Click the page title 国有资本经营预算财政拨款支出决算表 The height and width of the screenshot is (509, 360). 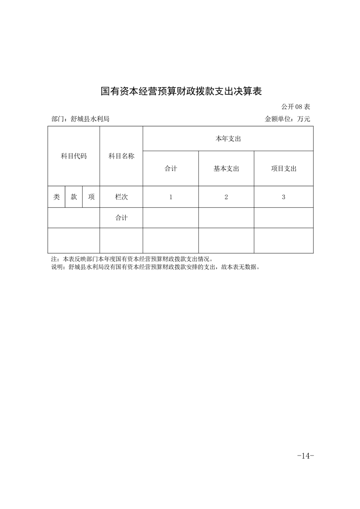(181, 91)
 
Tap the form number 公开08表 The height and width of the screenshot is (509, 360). (295, 107)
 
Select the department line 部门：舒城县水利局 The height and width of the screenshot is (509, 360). (80, 119)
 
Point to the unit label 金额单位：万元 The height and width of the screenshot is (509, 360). (287, 119)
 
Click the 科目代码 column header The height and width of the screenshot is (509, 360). (74, 156)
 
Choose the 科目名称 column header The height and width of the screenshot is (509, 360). (121, 156)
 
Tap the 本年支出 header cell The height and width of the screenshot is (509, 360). (228, 139)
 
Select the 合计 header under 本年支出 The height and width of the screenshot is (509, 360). (171, 169)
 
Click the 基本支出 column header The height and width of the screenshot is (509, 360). (226, 169)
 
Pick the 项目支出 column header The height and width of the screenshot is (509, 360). (284, 169)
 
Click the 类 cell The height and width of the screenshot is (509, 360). (56, 197)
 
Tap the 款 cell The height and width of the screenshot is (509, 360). (74, 197)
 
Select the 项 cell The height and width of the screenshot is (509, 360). (91, 197)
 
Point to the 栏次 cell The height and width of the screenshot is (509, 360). (121, 197)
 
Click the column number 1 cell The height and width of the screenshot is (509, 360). (171, 197)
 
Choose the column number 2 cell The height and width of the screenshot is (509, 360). (226, 197)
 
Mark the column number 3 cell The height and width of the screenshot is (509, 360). (284, 197)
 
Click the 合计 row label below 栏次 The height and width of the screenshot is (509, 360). (121, 218)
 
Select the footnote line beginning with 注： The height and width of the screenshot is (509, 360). (132, 259)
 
